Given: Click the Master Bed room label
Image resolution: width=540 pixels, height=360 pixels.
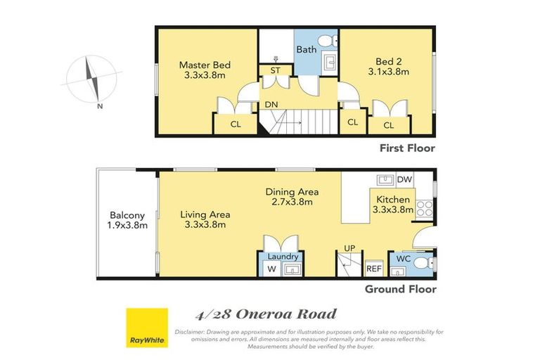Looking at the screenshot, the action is pyautogui.click(x=205, y=65).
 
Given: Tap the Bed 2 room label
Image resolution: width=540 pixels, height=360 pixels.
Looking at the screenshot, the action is pyautogui.click(x=388, y=62).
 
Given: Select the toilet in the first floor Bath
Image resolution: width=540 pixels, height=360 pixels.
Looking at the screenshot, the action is pyautogui.click(x=328, y=41).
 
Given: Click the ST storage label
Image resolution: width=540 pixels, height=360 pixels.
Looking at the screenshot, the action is pyautogui.click(x=275, y=70).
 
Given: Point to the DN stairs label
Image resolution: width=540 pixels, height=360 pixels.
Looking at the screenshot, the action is pyautogui.click(x=271, y=104).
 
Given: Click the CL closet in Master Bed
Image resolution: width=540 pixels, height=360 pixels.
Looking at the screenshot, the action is pyautogui.click(x=236, y=124).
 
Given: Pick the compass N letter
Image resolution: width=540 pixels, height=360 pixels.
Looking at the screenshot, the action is pyautogui.click(x=100, y=106).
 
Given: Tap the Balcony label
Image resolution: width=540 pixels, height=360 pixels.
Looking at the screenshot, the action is pyautogui.click(x=127, y=216).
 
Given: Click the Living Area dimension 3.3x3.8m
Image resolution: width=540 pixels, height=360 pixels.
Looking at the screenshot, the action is pyautogui.click(x=205, y=224).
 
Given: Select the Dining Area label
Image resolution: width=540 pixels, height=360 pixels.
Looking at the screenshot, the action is pyautogui.click(x=292, y=192).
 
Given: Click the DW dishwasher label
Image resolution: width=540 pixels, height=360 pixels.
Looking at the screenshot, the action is pyautogui.click(x=404, y=179).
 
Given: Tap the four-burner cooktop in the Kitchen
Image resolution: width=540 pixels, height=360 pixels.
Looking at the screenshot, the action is pyautogui.click(x=424, y=209).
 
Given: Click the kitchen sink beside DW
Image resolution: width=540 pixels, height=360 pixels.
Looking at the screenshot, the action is pyautogui.click(x=385, y=180).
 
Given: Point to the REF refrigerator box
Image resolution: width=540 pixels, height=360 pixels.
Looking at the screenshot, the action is pyautogui.click(x=374, y=269).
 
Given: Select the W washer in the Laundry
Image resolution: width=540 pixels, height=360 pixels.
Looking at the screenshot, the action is pyautogui.click(x=271, y=269).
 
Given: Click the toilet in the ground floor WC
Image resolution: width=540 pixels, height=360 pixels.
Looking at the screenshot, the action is pyautogui.click(x=423, y=264).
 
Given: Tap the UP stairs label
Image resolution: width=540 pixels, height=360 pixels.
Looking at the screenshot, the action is pyautogui.click(x=349, y=248).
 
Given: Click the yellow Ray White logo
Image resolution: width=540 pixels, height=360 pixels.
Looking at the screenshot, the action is pyautogui.click(x=147, y=328).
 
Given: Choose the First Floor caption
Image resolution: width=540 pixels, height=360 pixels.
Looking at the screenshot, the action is pyautogui.click(x=407, y=148).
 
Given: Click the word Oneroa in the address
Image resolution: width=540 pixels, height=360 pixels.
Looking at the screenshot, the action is pyautogui.click(x=264, y=314).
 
